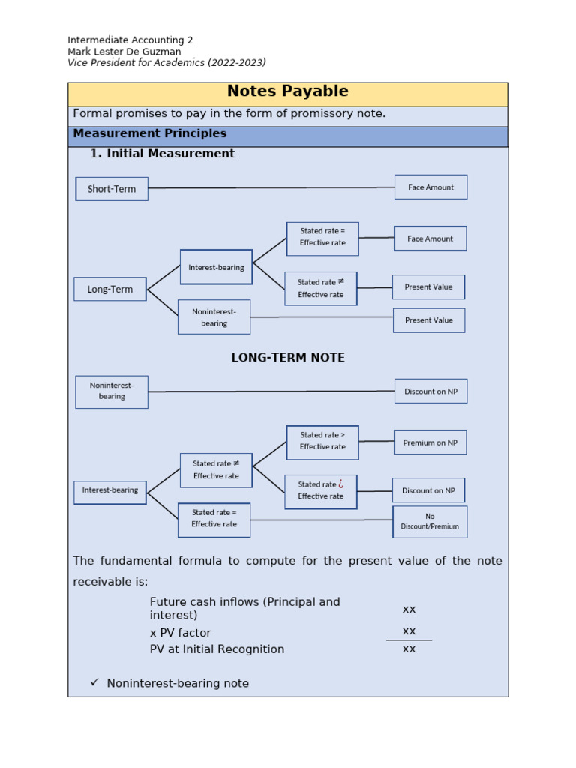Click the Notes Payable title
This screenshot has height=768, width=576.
coord(287,91)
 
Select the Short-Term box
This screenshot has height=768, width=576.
coord(112,189)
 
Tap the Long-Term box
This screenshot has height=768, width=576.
coord(110,289)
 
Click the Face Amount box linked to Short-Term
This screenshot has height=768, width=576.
coord(430,187)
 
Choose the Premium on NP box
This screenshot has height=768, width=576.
coord(430,442)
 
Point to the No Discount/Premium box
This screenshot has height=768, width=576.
coord(430,521)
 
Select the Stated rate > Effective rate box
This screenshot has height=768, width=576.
coord(322,441)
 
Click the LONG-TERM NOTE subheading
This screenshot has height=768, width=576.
coord(288,358)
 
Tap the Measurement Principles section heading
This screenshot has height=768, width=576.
coord(149,134)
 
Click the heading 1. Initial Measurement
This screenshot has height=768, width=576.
coord(162,154)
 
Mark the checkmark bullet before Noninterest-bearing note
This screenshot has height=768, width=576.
coord(94,682)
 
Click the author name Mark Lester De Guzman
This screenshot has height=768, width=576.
coord(124,52)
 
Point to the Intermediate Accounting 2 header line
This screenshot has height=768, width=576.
coord(130,40)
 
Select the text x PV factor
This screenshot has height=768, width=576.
coord(181,633)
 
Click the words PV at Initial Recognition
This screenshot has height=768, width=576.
coord(217,649)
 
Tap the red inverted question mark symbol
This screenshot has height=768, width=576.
coord(341,484)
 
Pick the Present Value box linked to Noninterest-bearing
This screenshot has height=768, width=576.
coord(428,320)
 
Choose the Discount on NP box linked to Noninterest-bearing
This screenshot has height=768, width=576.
coord(430,391)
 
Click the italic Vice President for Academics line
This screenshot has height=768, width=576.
coord(166,63)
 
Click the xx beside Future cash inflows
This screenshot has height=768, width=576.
coord(409,609)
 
